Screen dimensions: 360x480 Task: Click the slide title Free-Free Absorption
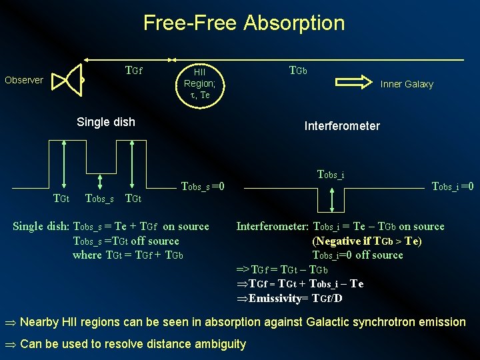pos(244,23)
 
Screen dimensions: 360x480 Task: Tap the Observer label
pos(24,80)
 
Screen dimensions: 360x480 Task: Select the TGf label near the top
pos(134,70)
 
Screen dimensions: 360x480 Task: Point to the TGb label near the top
pos(297,70)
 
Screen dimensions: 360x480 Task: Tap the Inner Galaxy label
pos(407,84)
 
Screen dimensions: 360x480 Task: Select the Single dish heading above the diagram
pos(106,122)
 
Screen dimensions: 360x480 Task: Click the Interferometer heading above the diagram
pos(342,126)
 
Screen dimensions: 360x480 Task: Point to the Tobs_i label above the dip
pos(331,175)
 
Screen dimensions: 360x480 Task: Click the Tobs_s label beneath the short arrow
pos(99,198)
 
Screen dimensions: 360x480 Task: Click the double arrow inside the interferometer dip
pos(331,197)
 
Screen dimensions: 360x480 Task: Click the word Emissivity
pos(271,298)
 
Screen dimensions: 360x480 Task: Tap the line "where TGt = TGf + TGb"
pos(127,255)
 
